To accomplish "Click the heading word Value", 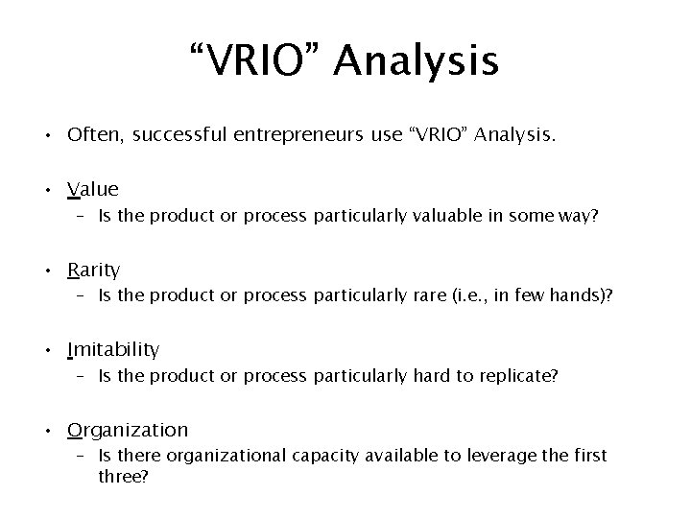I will (x=93, y=189).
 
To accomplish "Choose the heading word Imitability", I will (x=113, y=349).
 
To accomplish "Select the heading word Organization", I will (x=128, y=430).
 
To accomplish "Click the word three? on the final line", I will (x=123, y=474).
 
